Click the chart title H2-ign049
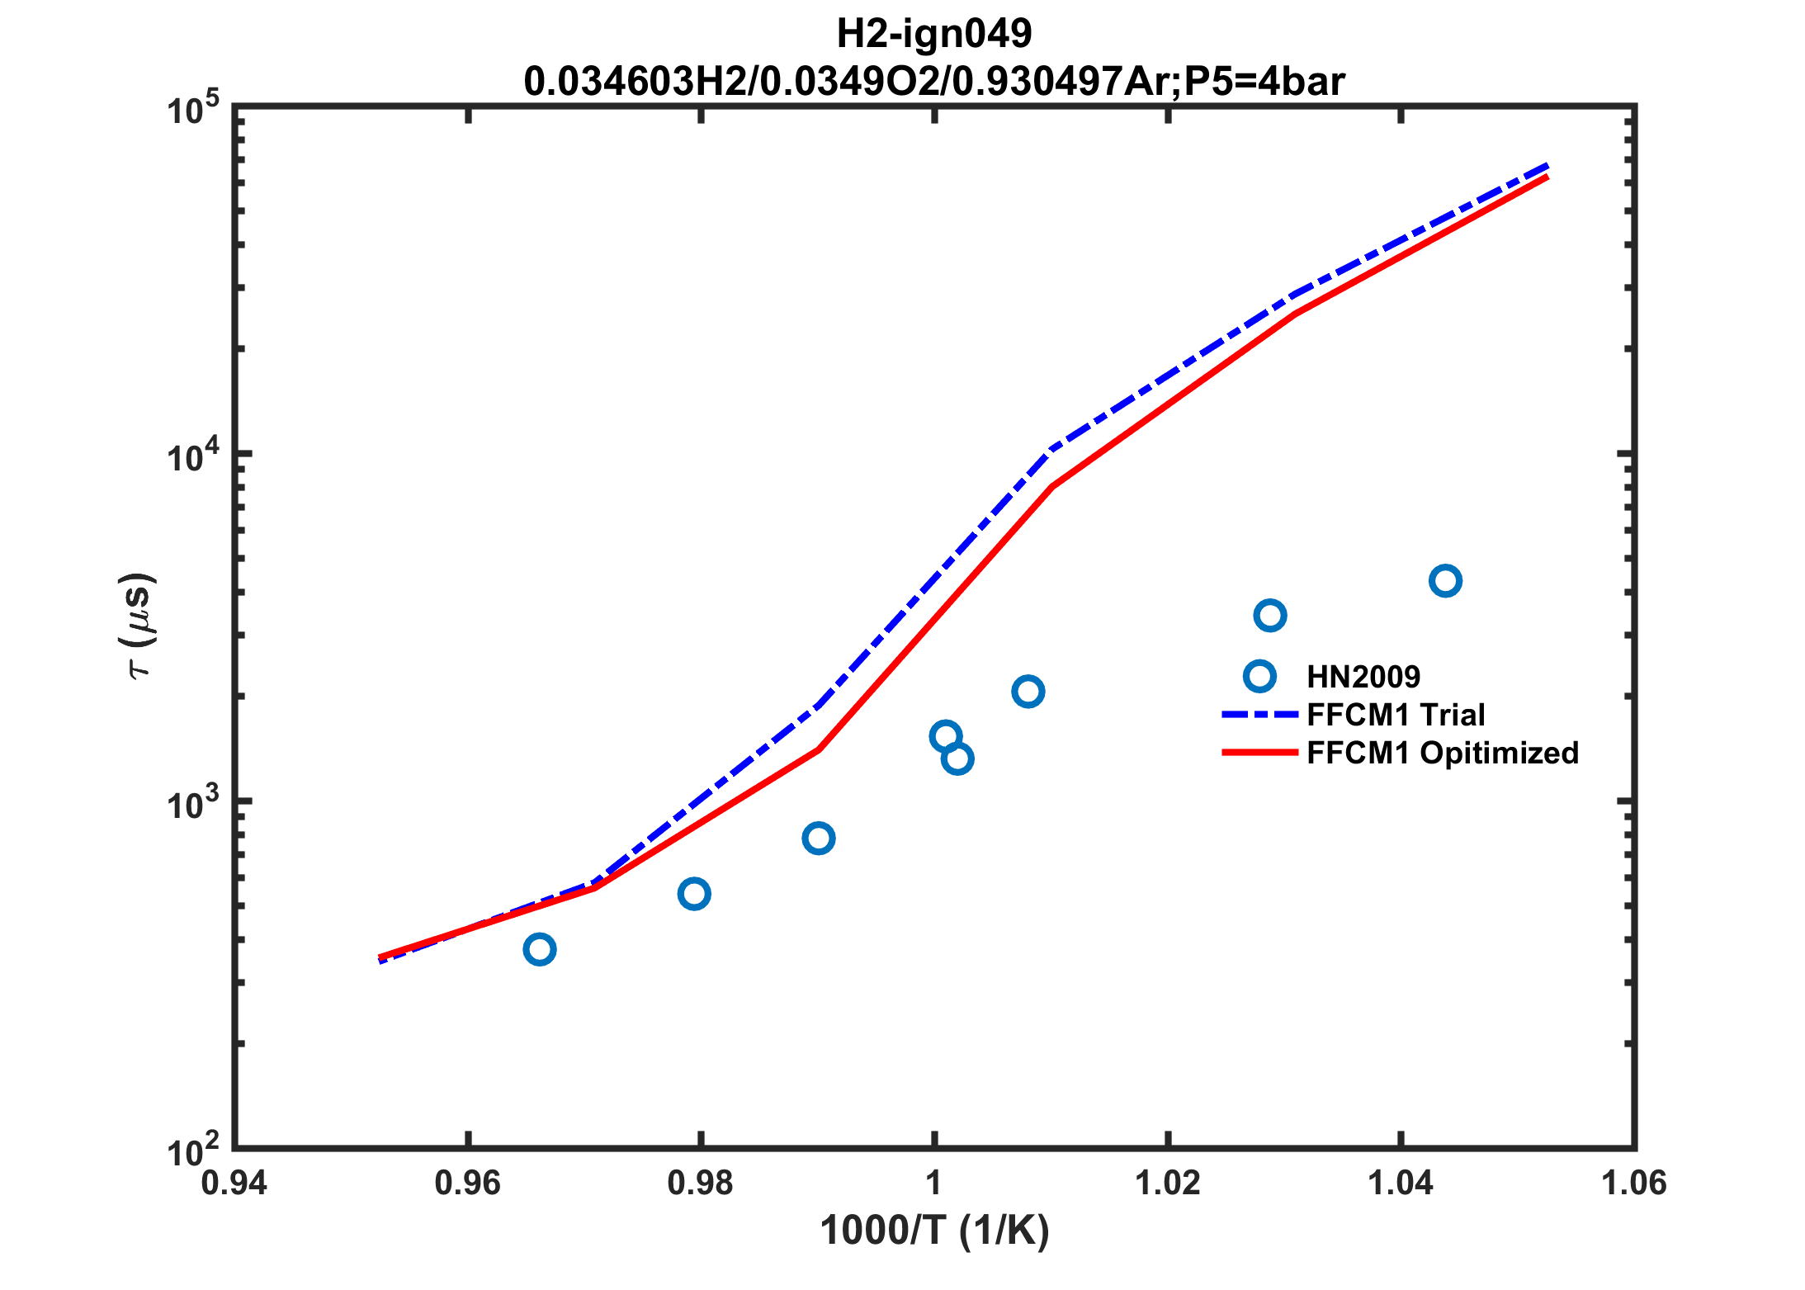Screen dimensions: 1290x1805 pos(933,34)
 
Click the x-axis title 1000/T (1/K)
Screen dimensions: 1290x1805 pos(934,1231)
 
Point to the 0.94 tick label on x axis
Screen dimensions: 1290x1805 pos(234,1184)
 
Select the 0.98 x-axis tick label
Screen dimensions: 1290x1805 pos(700,1184)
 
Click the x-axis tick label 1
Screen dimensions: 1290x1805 pos(933,1184)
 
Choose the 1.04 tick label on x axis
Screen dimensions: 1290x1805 pos(1401,1184)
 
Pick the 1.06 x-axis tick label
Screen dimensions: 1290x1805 pos(1633,1184)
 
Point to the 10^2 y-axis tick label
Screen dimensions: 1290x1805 pos(193,1151)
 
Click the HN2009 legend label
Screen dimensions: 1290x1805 pos(1363,677)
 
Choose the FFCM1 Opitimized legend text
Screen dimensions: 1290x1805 pos(1443,753)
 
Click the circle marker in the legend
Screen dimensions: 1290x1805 pos(1259,676)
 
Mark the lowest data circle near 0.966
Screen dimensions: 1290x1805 pos(539,949)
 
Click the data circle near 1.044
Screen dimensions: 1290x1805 pos(1444,581)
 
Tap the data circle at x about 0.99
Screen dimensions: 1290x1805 pos(818,839)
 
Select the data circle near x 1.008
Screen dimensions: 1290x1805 pos(1028,691)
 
